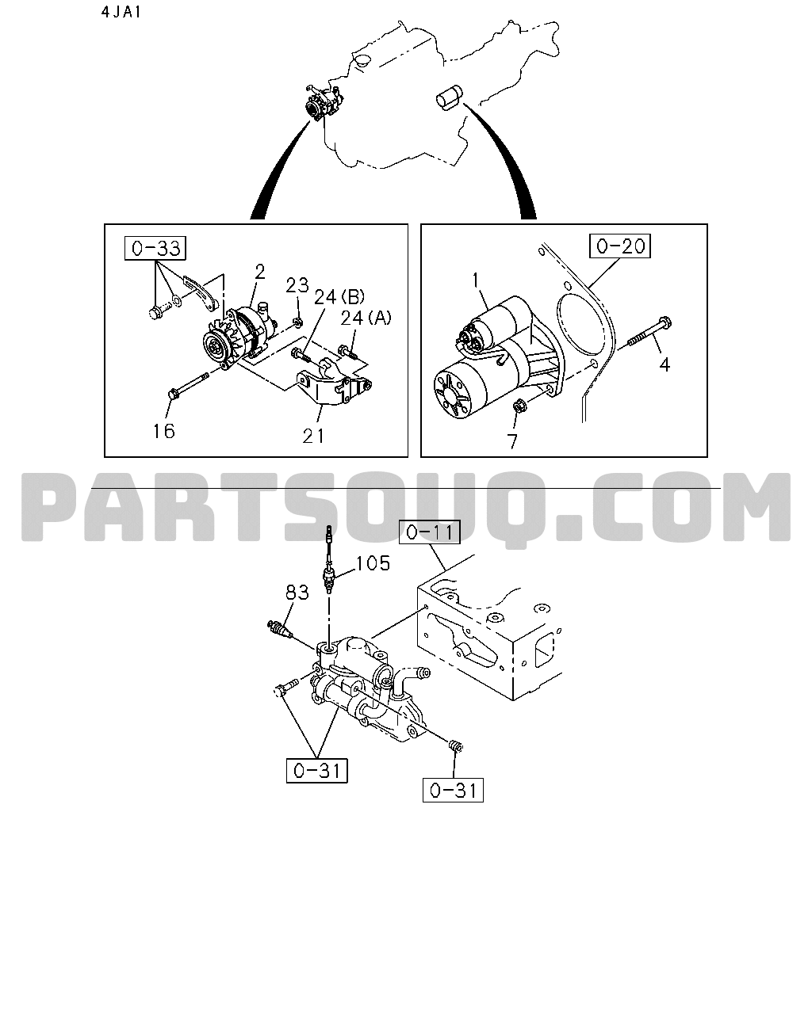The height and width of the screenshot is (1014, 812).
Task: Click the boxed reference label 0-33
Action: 155,248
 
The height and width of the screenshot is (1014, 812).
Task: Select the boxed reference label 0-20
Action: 620,246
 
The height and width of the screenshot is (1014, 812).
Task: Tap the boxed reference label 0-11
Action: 429,532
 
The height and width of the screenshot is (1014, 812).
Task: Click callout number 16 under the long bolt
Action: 163,431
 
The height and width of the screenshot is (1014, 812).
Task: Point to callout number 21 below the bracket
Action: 313,436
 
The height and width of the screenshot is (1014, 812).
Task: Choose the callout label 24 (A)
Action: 366,318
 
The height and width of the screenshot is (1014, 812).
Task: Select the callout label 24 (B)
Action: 339,297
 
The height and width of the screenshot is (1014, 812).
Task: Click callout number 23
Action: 297,285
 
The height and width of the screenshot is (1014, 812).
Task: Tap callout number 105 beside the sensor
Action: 373,563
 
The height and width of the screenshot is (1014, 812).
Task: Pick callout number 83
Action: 297,593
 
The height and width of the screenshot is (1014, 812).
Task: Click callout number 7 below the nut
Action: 512,441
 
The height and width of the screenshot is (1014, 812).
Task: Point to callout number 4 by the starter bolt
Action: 665,364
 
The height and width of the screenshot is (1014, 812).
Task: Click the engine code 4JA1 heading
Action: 121,12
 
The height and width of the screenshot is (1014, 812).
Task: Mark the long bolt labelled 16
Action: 189,387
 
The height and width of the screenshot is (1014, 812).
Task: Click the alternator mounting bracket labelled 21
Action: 334,383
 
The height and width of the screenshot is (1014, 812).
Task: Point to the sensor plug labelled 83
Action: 279,628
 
